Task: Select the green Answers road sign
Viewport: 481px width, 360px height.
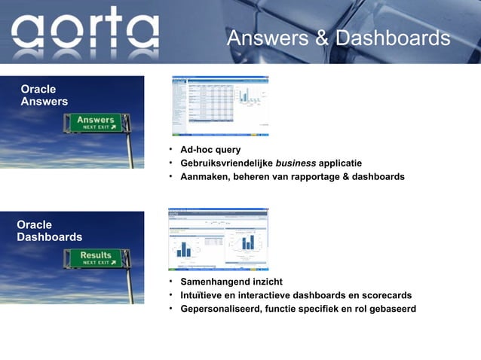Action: (x=97, y=123)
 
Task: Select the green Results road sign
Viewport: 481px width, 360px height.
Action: (x=97, y=258)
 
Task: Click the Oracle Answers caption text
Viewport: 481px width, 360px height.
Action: (x=44, y=96)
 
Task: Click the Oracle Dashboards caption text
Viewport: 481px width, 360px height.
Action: (x=50, y=231)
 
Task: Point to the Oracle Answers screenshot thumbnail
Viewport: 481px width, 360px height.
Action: (x=220, y=105)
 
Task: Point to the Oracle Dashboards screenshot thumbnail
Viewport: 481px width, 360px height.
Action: (x=219, y=239)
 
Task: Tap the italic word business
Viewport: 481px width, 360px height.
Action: (x=296, y=163)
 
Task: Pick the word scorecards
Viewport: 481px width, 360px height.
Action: (x=385, y=295)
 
